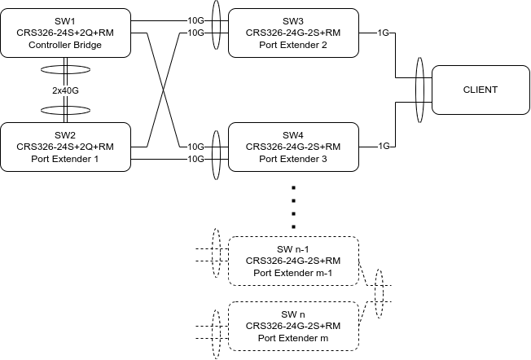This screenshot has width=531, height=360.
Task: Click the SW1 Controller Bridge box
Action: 65,33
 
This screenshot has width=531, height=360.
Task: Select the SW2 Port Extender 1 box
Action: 65,147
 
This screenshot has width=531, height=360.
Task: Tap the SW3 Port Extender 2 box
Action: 293,33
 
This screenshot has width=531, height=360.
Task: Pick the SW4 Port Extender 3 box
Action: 293,147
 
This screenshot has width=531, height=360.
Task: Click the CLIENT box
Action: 480,90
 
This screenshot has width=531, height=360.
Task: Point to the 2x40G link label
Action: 65,90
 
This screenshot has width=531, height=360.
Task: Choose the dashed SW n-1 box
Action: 293,261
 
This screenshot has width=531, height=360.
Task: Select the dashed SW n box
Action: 293,326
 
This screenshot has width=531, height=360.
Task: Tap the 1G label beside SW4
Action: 384,147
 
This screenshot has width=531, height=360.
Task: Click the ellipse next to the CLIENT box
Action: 419,90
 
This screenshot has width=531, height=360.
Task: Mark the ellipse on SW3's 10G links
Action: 216,26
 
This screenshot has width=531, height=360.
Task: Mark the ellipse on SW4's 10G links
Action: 216,153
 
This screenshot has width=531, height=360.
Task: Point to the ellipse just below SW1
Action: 65,70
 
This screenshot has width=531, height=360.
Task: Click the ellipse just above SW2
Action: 65,108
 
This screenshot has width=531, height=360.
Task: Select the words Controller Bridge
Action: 65,45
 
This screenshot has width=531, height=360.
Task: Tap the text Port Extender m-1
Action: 293,273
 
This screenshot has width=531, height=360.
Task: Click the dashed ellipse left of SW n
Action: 216,332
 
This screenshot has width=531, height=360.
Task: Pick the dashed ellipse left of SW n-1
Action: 216,254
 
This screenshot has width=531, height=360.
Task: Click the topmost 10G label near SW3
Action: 195,20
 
